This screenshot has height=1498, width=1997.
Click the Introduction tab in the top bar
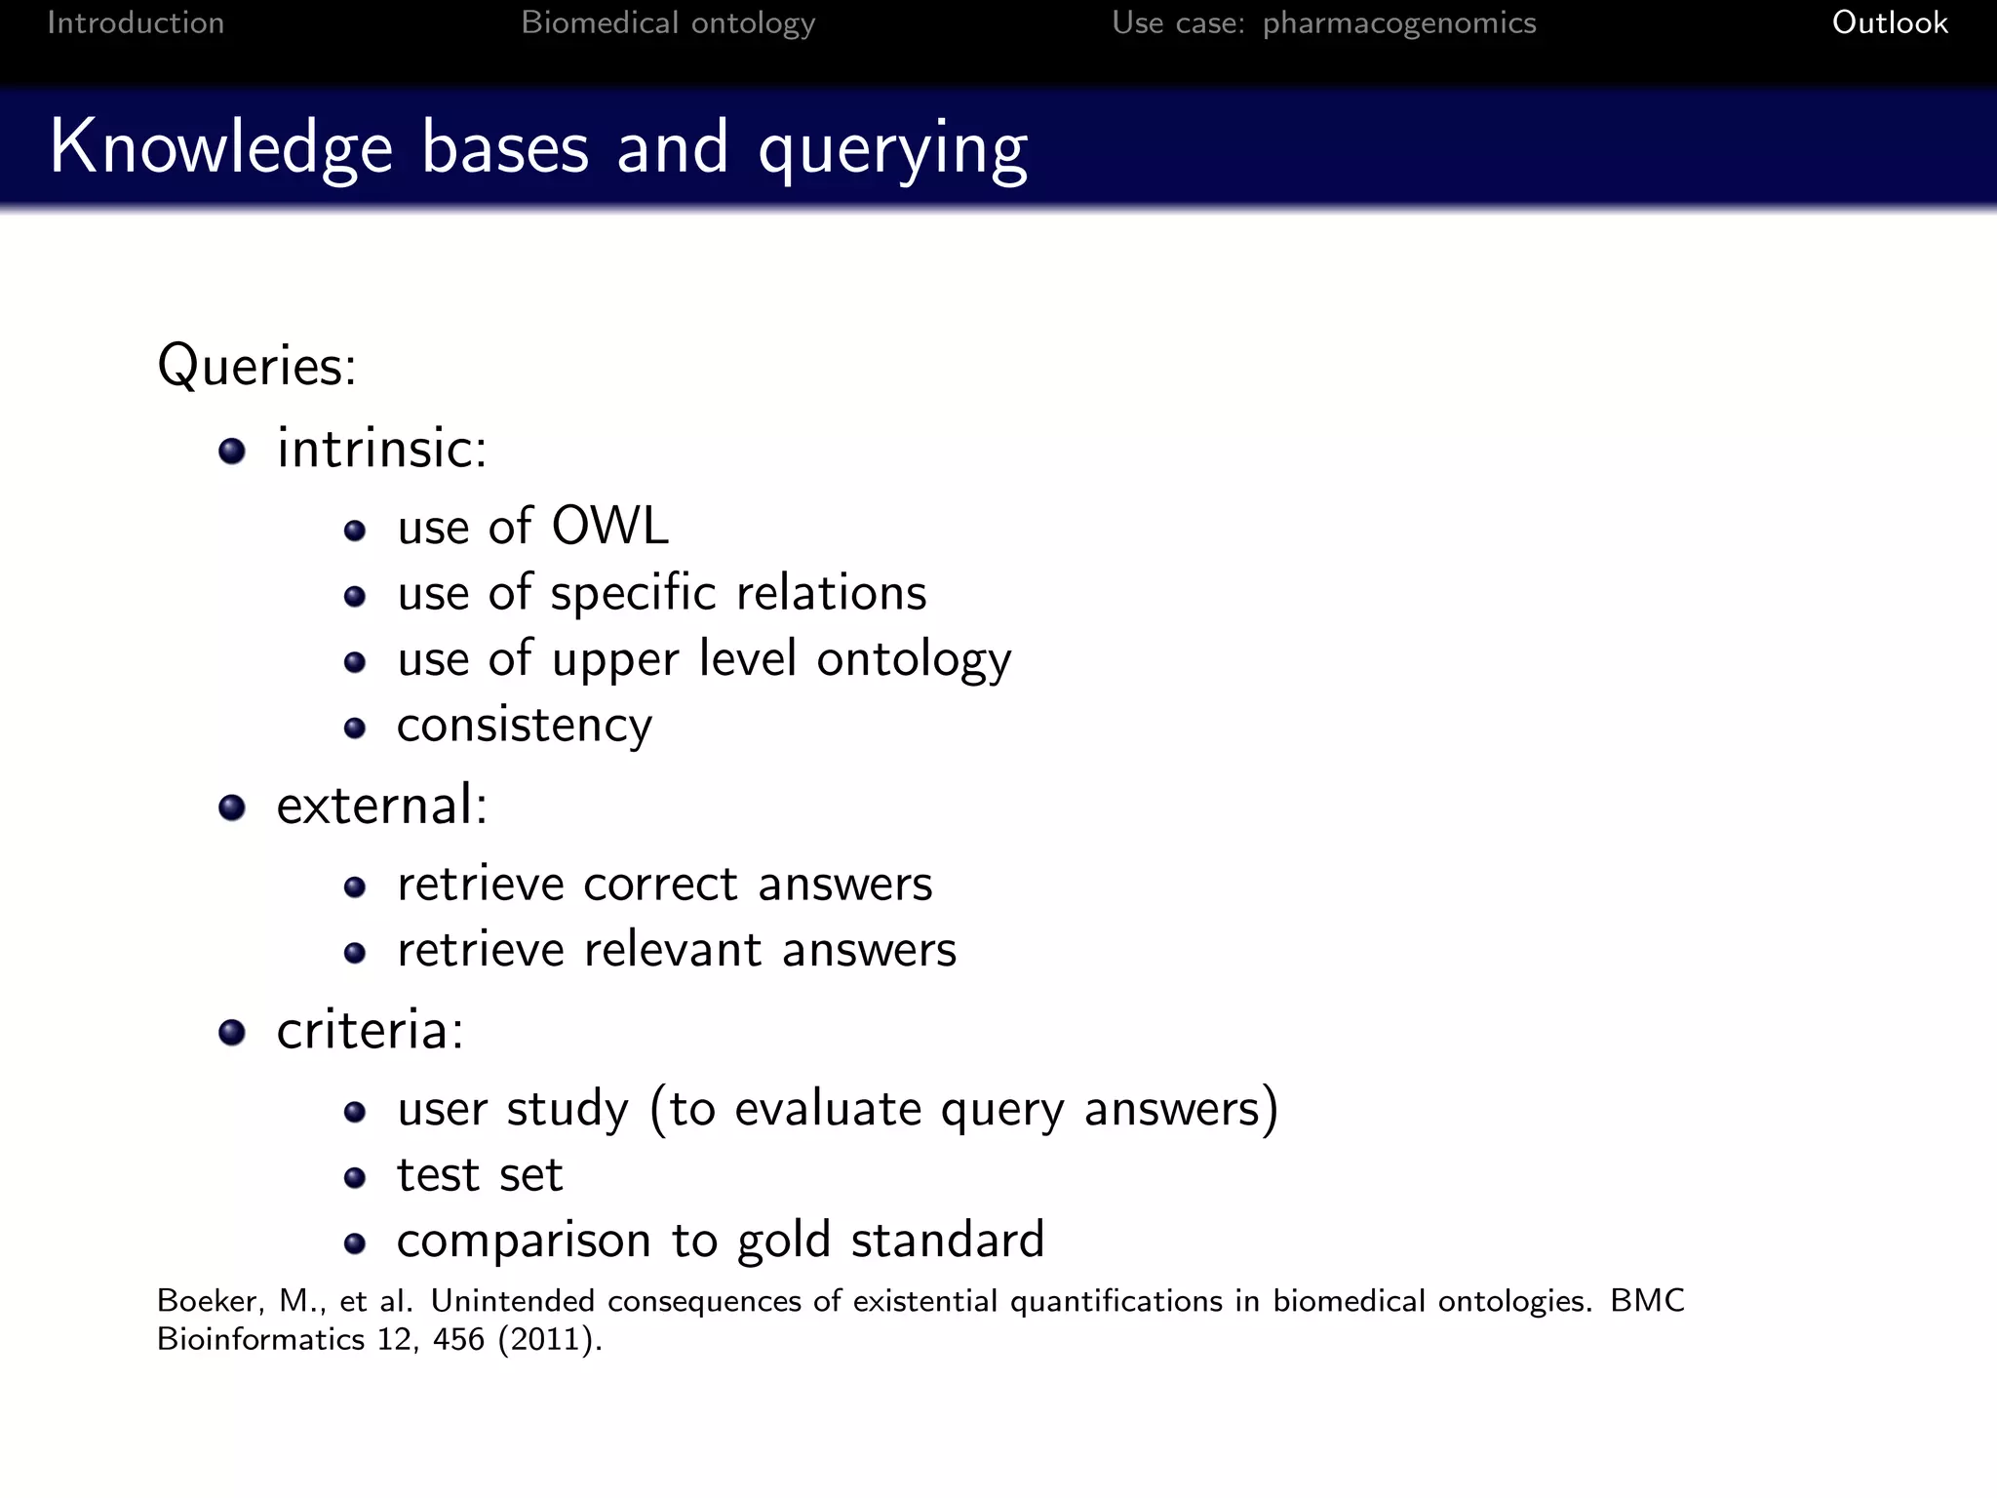136,22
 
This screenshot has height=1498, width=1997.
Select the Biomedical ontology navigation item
668,22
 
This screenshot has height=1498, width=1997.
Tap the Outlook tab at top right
1889,22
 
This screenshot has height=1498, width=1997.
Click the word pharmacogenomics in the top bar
1398,23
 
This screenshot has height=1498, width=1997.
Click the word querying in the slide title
892,149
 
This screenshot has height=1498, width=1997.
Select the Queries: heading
256,367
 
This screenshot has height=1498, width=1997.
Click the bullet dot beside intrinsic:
232,451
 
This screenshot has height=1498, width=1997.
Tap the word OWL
609,527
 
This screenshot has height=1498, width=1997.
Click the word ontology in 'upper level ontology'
914,660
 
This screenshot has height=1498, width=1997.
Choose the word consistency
525,726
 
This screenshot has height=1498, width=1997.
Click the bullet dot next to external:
232,808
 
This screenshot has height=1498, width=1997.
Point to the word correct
660,885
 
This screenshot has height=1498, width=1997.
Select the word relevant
673,950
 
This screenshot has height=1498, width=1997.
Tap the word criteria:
370,1031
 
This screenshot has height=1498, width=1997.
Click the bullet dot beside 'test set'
355,1178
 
